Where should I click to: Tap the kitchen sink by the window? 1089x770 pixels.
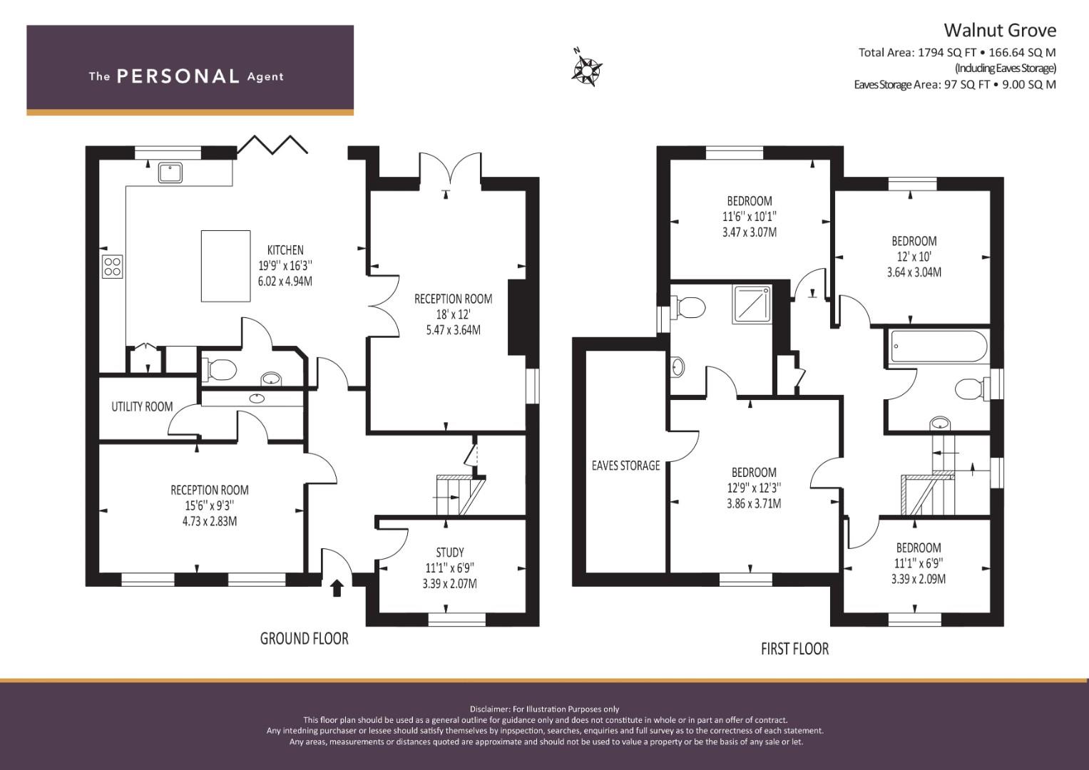tap(170, 173)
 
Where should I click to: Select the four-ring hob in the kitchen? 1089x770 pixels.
tap(112, 267)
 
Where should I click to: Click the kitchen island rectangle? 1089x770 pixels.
tap(225, 266)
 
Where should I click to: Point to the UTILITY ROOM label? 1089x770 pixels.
tap(142, 406)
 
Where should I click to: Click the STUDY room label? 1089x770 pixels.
tap(450, 553)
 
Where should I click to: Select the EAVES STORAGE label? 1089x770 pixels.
tap(625, 466)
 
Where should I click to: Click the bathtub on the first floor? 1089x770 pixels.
tap(939, 346)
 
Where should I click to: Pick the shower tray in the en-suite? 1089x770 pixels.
tap(752, 305)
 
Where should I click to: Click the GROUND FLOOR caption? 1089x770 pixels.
tap(305, 638)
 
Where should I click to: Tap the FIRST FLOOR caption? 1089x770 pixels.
tap(795, 649)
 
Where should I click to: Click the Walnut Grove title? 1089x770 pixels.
tap(1000, 31)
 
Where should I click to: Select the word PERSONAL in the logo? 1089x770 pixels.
tap(178, 76)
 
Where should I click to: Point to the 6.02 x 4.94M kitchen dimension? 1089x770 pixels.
tap(285, 281)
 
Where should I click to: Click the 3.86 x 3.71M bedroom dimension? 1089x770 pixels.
tap(754, 503)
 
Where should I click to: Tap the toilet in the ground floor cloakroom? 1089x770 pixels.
tap(219, 370)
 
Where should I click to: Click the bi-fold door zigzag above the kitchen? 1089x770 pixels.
tap(272, 144)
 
